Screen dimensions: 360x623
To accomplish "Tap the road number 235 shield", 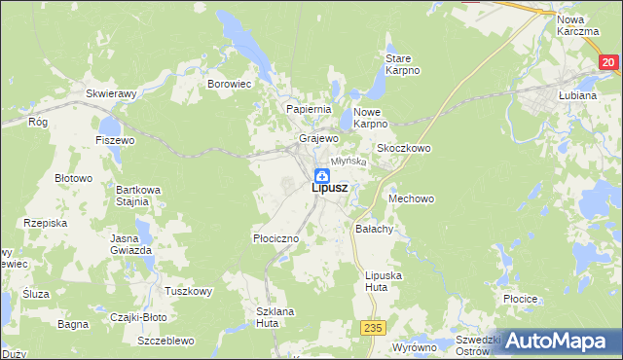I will [x=368, y=330].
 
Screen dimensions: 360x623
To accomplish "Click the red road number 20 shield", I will [x=608, y=62].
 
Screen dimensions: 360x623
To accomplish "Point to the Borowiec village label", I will [x=230, y=85].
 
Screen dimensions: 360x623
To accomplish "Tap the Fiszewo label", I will [x=115, y=140].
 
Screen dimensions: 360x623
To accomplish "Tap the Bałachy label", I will [x=374, y=230].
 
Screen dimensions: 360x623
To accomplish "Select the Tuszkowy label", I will [x=189, y=291].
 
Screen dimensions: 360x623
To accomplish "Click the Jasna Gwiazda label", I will [x=131, y=244].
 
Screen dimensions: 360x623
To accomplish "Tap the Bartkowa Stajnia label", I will [x=131, y=195].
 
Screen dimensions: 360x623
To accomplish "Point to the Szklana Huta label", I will [x=275, y=316].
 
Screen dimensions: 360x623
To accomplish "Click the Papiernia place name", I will [x=309, y=109].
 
